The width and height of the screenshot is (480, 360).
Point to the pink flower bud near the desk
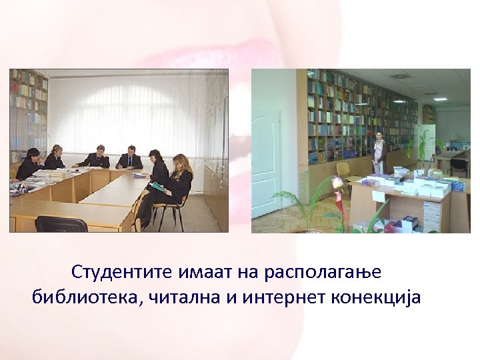pos(339,182)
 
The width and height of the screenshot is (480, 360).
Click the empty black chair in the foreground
pos(61,224)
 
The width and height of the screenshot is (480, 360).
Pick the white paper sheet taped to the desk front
pos(378,196)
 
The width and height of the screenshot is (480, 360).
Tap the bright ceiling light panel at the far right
pos(439,99)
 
